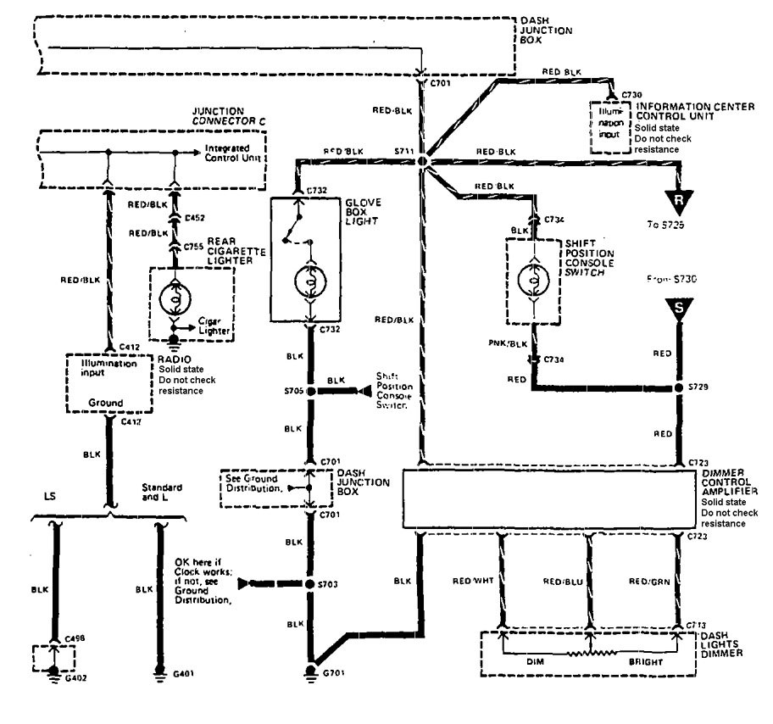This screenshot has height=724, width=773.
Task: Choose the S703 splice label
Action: pos(329,585)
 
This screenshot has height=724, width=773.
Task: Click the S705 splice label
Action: pos(292,393)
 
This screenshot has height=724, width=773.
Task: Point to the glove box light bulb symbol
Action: pos(311,280)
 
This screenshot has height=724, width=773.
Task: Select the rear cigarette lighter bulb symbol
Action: pos(173,297)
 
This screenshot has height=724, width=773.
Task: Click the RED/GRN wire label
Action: pos(648,581)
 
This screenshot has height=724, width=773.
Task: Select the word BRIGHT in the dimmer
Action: pos(645,660)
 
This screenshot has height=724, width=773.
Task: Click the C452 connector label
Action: pos(196,219)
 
